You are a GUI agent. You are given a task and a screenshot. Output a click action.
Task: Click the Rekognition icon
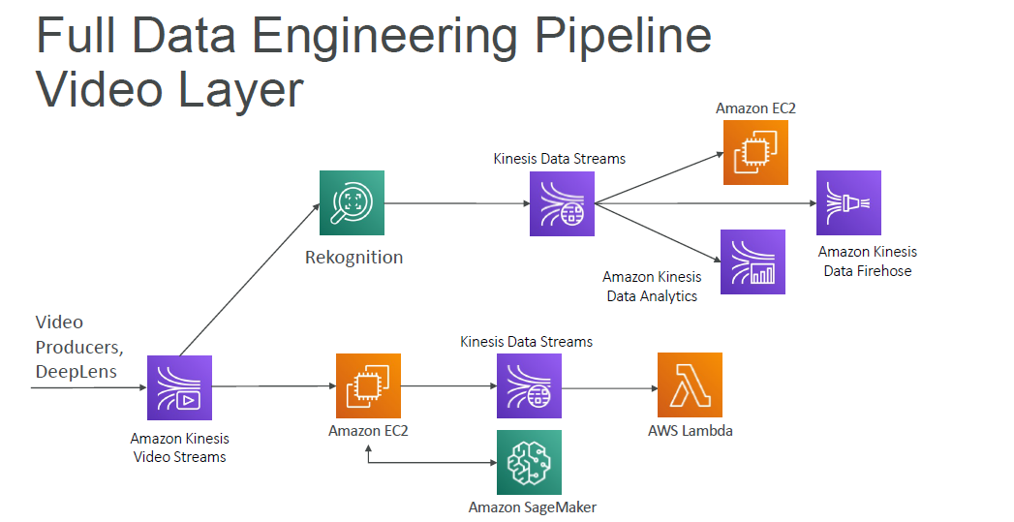(352, 202)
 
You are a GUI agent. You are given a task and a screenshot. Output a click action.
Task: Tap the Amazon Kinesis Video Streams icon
(179, 387)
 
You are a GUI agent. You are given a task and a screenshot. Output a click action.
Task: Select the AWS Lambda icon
(690, 385)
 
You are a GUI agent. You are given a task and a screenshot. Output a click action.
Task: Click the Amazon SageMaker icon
(529, 463)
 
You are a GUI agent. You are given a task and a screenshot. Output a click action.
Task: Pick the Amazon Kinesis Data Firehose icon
(848, 202)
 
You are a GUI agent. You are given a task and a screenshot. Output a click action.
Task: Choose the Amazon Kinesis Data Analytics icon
(753, 261)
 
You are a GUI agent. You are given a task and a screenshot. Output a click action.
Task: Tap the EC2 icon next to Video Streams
(368, 385)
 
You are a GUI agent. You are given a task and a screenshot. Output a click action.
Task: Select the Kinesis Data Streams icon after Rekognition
(562, 203)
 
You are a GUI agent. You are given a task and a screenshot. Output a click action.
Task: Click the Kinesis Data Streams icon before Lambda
(529, 385)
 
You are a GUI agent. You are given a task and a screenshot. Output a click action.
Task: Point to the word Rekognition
(353, 258)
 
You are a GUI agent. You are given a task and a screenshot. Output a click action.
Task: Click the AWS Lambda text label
(690, 430)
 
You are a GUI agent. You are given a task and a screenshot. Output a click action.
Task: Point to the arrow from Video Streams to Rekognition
(250, 280)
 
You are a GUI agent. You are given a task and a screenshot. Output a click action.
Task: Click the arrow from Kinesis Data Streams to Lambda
(610, 388)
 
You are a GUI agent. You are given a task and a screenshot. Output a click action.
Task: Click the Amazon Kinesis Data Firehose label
(868, 261)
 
